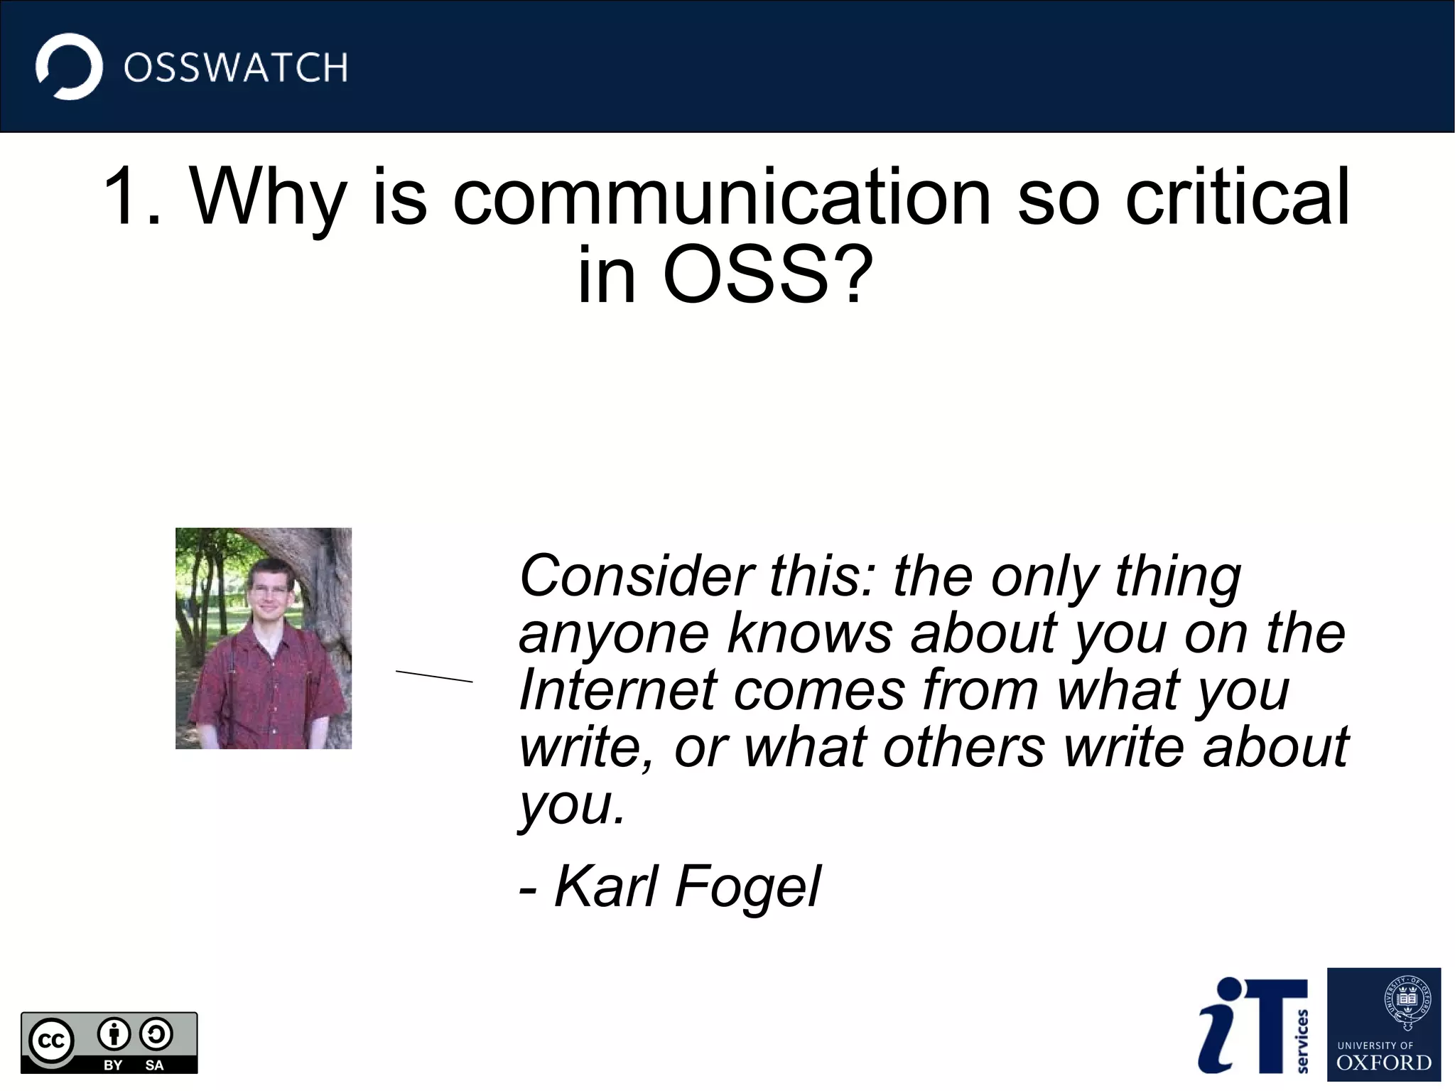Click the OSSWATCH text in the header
(x=235, y=68)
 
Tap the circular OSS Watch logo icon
(x=69, y=67)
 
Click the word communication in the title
(x=721, y=197)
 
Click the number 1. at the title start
(x=132, y=197)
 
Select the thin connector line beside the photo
(x=434, y=676)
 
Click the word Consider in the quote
(x=636, y=576)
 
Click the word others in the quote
(x=963, y=748)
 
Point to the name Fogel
(x=747, y=887)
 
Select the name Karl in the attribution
(x=606, y=887)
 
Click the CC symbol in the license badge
(x=51, y=1041)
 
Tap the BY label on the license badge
(x=113, y=1065)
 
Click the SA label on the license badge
(x=154, y=1065)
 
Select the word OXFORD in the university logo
(x=1383, y=1063)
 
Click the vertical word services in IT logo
(x=1302, y=1041)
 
